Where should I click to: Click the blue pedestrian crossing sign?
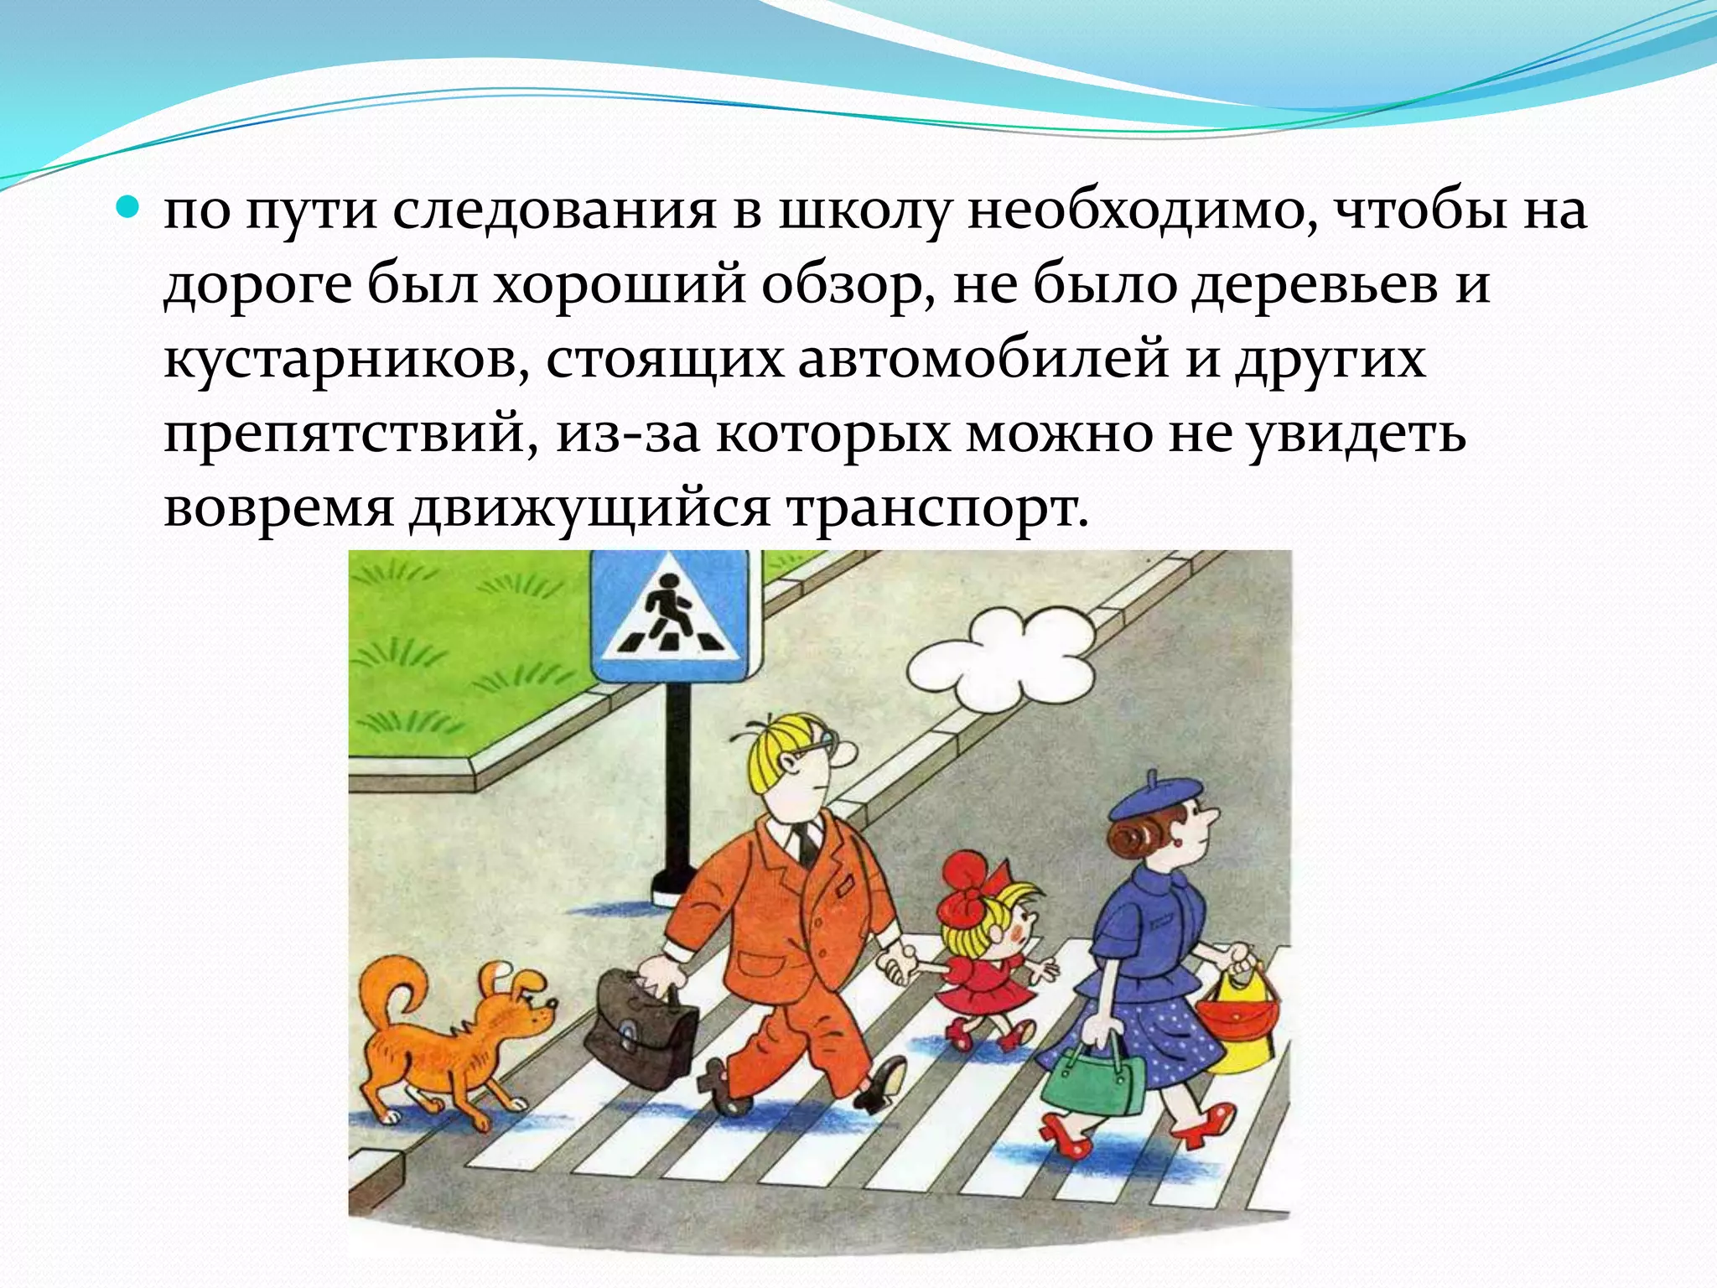coord(668,617)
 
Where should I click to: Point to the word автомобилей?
coord(984,360)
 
